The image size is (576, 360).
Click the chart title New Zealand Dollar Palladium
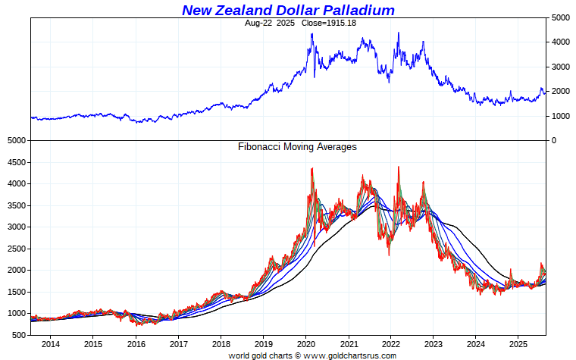(288, 10)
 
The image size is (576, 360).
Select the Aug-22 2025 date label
(269, 23)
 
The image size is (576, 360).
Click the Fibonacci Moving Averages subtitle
(297, 147)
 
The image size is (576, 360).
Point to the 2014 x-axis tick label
(51, 344)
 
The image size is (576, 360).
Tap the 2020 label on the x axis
(305, 344)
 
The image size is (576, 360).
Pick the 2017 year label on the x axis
(178, 344)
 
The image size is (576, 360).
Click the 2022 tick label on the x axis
(390, 344)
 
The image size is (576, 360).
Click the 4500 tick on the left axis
(17, 162)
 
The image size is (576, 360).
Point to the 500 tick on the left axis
(20, 335)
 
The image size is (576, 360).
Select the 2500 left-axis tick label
(17, 249)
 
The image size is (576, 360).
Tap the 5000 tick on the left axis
(17, 141)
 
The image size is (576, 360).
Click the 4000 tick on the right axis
(561, 42)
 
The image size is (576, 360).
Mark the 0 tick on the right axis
(554, 141)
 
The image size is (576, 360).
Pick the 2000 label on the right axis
(561, 92)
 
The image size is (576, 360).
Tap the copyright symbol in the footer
(296, 355)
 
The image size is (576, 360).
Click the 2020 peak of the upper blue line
(311, 34)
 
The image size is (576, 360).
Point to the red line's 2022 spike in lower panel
(399, 167)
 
